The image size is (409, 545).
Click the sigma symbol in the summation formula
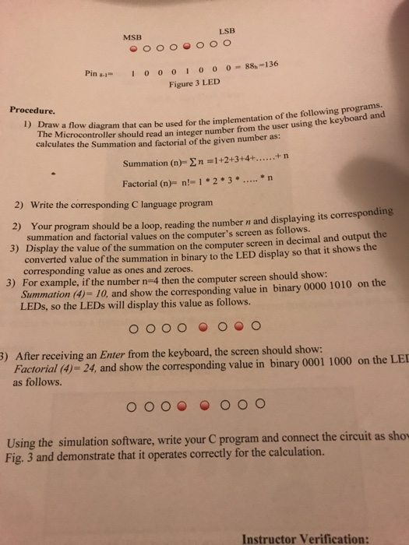182,163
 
